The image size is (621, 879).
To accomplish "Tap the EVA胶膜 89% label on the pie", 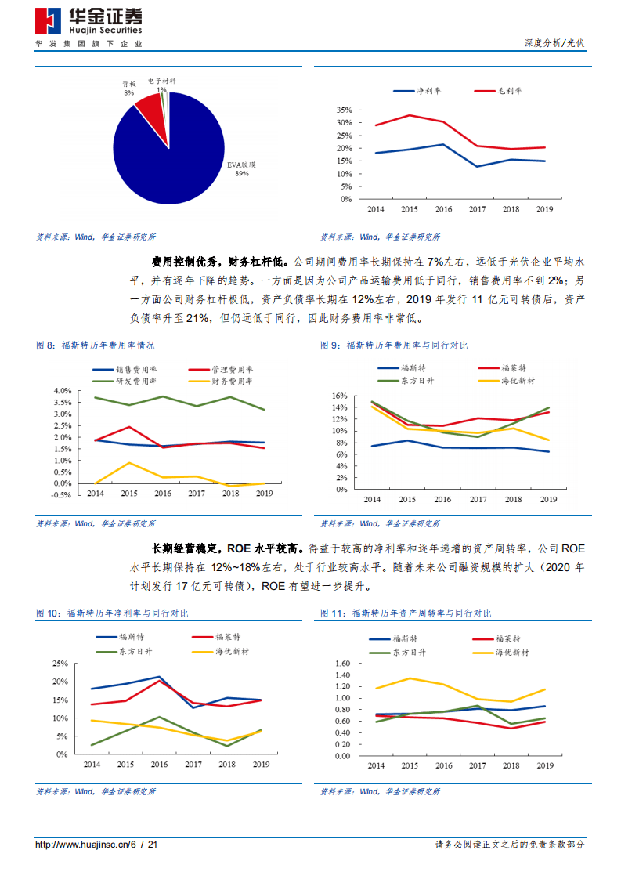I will [x=241, y=169].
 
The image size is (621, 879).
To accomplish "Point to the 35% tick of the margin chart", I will [x=345, y=110].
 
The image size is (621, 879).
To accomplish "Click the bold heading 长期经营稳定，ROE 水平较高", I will [x=228, y=548].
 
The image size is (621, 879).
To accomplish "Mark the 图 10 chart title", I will [x=112, y=613].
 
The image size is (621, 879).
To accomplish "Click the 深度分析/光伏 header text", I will [x=554, y=43].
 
